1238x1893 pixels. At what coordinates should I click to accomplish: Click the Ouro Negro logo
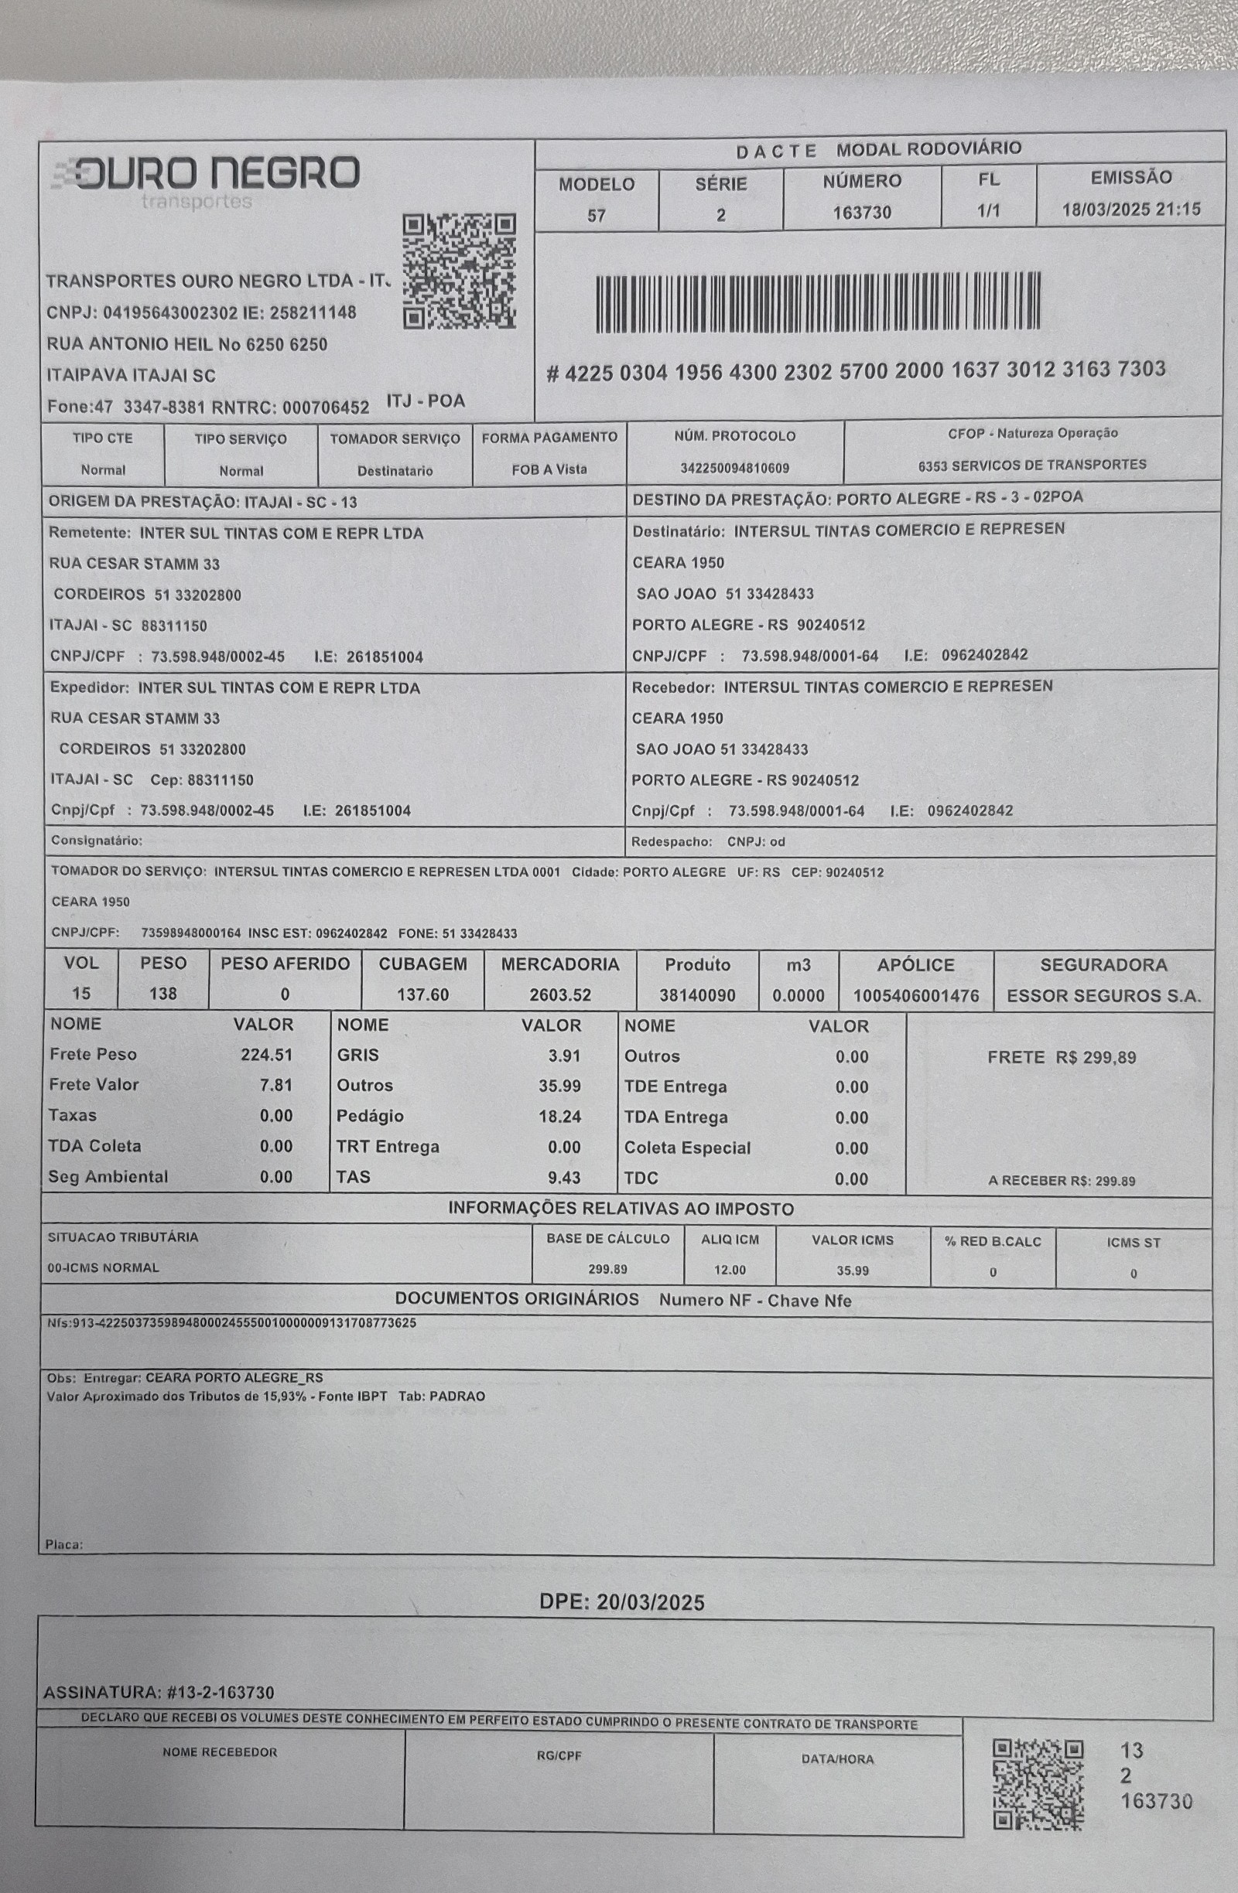tap(205, 179)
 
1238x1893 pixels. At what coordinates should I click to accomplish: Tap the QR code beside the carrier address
tap(459, 272)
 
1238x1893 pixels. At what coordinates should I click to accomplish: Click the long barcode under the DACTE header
tap(818, 302)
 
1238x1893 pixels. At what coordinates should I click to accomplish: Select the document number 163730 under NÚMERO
tap(862, 213)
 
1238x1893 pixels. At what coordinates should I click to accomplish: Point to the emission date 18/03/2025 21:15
tap(1130, 210)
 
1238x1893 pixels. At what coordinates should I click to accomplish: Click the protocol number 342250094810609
tap(734, 469)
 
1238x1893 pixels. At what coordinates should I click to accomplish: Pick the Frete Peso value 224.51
tap(266, 1055)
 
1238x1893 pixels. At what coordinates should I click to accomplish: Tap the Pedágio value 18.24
tap(559, 1116)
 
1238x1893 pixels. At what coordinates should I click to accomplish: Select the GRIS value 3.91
tap(564, 1056)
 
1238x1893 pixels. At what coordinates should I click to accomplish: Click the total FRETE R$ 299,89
tap(1062, 1057)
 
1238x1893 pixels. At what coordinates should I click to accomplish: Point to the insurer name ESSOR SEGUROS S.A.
tap(1103, 996)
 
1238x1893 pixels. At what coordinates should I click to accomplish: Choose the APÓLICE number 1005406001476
tap(916, 996)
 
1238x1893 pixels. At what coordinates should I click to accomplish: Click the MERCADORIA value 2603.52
tap(560, 995)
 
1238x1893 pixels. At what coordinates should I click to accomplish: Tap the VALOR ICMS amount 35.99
tap(852, 1271)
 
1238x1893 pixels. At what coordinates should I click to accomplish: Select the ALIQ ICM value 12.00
tap(730, 1270)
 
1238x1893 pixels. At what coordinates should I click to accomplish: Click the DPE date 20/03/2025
tap(621, 1602)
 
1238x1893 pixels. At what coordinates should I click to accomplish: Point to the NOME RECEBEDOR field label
tap(220, 1752)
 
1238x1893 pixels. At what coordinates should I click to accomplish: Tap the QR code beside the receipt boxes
tap(1038, 1784)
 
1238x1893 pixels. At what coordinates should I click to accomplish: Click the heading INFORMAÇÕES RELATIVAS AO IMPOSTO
tap(621, 1209)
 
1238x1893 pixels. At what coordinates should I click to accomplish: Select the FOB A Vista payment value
tap(549, 469)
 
